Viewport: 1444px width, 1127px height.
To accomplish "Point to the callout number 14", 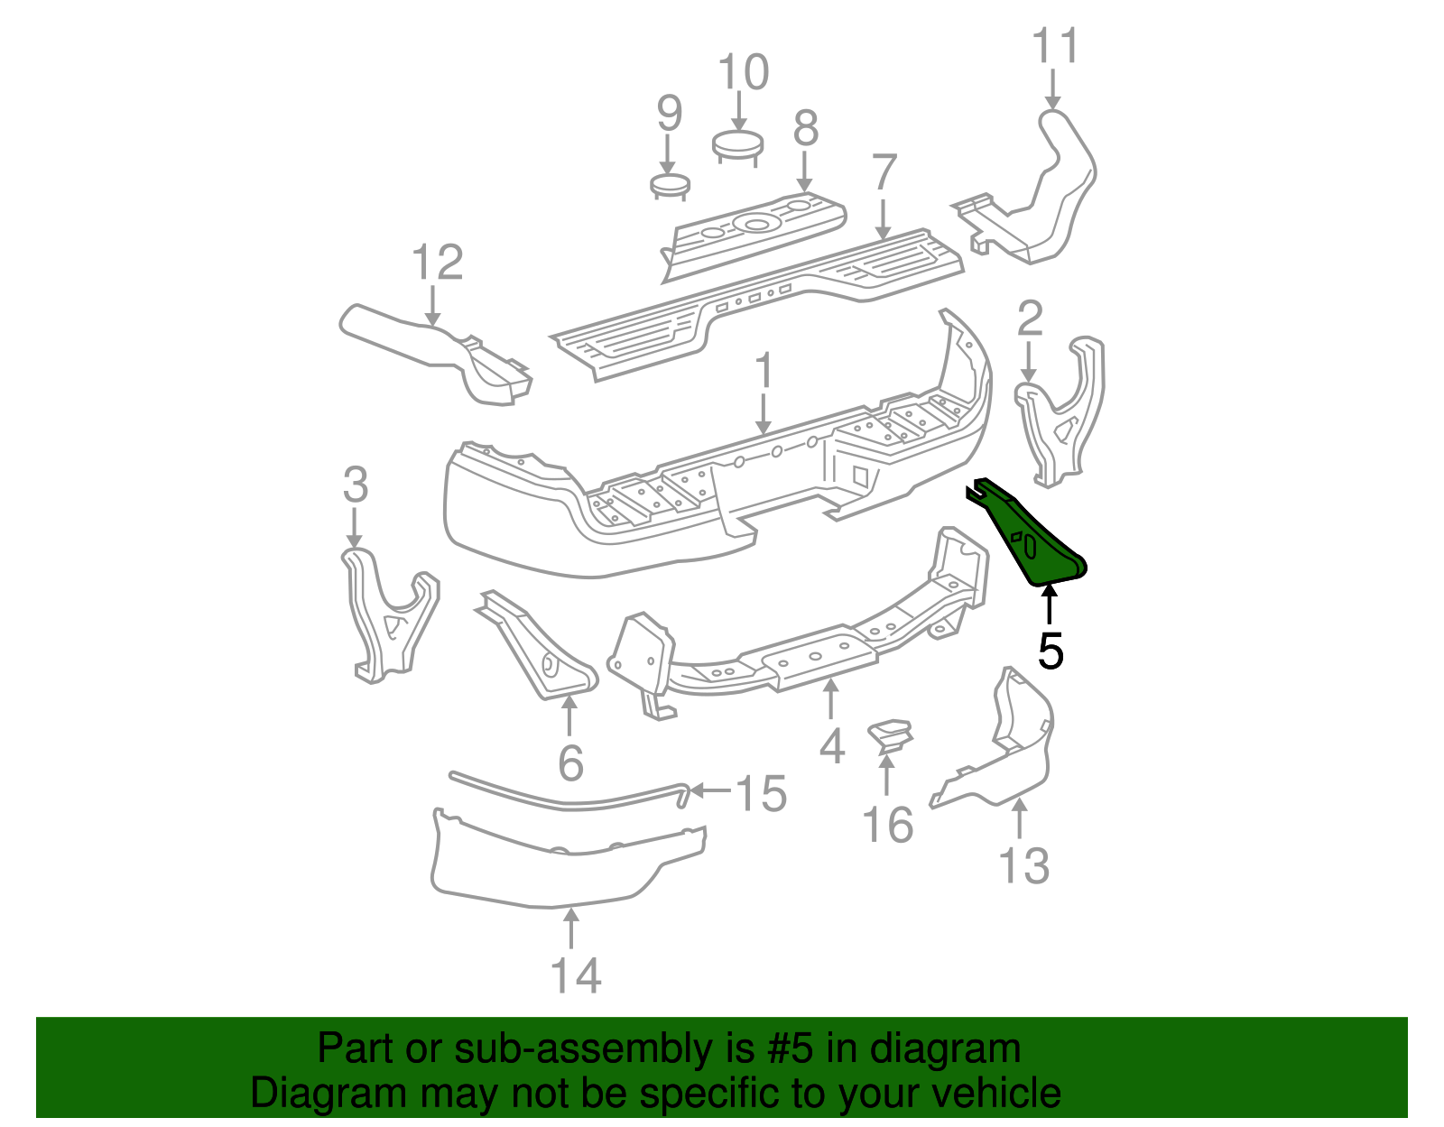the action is pos(576,975).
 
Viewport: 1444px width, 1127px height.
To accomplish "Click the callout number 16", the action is pos(888,825).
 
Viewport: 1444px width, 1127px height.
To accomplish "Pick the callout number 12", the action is pos(437,262).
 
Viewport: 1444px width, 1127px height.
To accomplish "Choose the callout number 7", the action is pos(884,172).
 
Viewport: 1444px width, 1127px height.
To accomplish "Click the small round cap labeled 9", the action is pos(669,186).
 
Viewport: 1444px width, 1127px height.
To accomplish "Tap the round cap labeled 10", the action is pos(737,146).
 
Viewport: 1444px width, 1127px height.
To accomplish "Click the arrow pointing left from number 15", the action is pos(710,790).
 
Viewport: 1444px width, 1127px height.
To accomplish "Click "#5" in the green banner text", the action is pos(784,1048).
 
